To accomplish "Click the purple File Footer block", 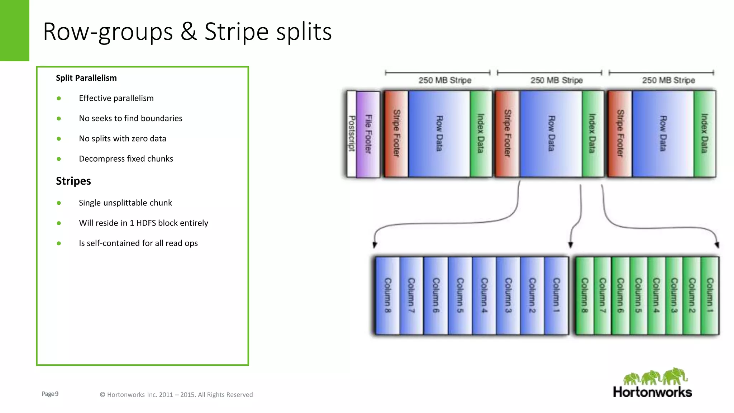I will click(x=368, y=134).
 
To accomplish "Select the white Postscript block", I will click(x=352, y=134).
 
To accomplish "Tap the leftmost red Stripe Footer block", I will click(x=396, y=134).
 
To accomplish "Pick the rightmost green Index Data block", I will click(x=705, y=134).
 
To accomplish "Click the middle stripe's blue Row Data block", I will click(x=551, y=134).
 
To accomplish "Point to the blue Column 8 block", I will click(x=387, y=295).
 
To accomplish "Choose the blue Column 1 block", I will click(x=556, y=295).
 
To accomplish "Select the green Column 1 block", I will click(x=710, y=295).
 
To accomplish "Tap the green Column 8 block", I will click(x=585, y=295).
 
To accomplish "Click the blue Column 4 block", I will click(x=484, y=295).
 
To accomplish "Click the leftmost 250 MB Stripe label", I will click(x=445, y=80).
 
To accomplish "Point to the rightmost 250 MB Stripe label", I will click(x=668, y=80).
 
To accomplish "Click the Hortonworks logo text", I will click(x=652, y=392).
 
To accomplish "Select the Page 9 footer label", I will click(x=50, y=394).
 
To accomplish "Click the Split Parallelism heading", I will click(x=86, y=78).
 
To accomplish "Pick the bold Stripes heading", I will click(x=73, y=181).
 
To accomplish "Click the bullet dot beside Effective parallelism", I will click(x=59, y=98).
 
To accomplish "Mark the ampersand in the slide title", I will click(x=189, y=32).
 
